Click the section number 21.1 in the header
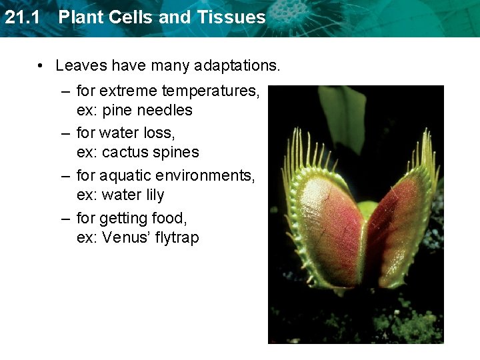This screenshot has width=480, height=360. [x=25, y=17]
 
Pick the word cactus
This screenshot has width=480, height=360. [x=122, y=153]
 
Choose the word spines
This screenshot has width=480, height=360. [x=177, y=153]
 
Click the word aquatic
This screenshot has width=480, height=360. [x=124, y=176]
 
